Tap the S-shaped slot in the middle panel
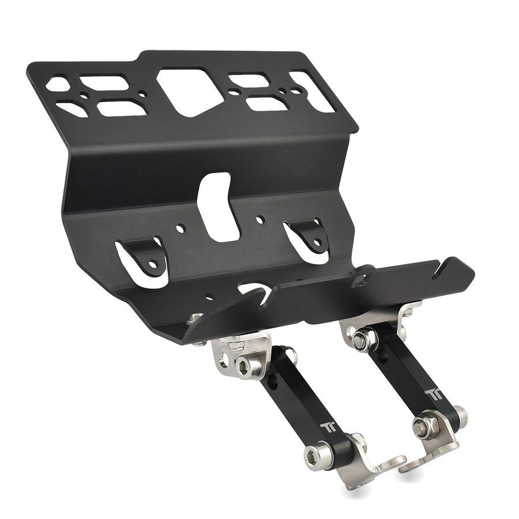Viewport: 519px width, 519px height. click(218, 207)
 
